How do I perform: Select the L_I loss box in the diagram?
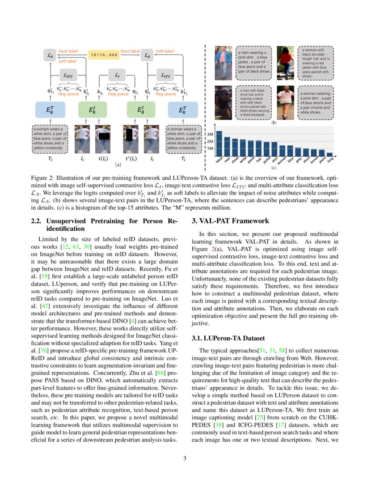(118, 76)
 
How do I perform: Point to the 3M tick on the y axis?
(210, 134)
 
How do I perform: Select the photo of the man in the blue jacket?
(224, 57)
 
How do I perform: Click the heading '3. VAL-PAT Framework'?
(230, 221)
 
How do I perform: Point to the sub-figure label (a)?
(118, 165)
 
